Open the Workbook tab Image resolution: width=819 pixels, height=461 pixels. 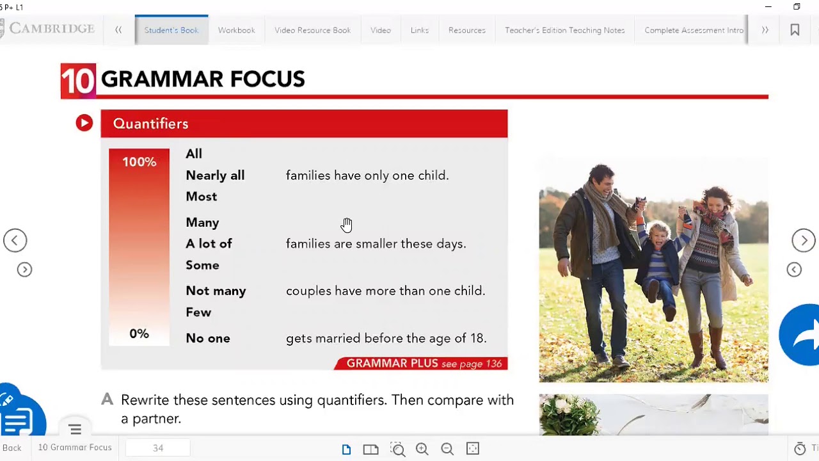[236, 30]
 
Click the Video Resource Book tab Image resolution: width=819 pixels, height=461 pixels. [312, 30]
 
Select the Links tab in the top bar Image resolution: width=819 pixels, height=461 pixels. [419, 30]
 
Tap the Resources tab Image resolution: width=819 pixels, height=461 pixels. [466, 30]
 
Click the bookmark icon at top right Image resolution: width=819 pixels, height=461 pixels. [795, 30]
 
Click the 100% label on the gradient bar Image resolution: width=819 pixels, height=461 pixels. [139, 162]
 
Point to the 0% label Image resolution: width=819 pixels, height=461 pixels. [139, 334]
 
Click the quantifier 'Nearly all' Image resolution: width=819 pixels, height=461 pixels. [215, 175]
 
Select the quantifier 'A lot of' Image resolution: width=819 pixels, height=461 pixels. [209, 244]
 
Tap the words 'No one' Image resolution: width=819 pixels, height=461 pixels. [207, 338]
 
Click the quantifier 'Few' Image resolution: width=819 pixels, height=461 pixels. [198, 312]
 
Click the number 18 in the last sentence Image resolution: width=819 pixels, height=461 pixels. [479, 338]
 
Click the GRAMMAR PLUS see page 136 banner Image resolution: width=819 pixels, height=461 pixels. [422, 364]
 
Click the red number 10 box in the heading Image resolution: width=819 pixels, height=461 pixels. [78, 81]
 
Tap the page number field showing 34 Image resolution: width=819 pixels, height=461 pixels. [158, 448]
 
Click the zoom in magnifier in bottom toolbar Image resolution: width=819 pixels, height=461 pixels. [422, 449]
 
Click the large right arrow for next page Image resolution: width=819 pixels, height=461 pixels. [804, 241]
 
